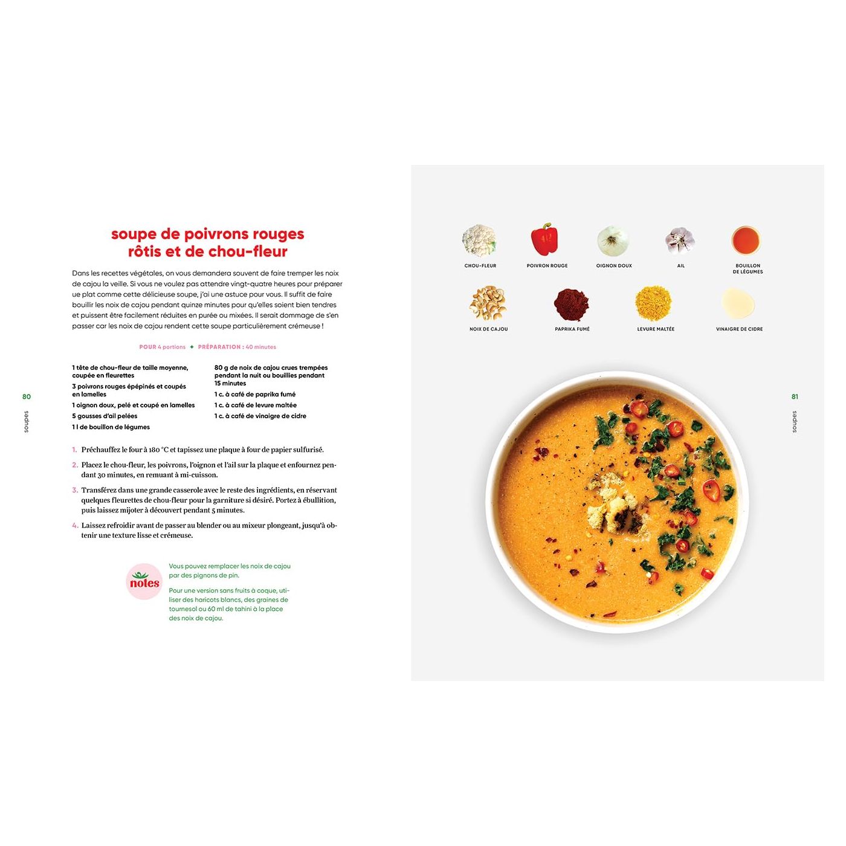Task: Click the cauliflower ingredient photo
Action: [479, 241]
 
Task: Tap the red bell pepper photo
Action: [544, 240]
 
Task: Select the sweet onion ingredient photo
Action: [613, 241]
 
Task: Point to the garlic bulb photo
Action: [680, 240]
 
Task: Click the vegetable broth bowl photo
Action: [746, 241]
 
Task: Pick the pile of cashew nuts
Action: [488, 303]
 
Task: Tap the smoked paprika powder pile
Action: [571, 304]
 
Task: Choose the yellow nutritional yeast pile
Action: [653, 303]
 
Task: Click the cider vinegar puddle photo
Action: [738, 303]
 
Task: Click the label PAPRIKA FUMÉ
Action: [572, 329]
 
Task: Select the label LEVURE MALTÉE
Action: [656, 329]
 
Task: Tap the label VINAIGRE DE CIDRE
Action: [739, 329]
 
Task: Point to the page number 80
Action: [27, 397]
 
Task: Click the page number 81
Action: [795, 397]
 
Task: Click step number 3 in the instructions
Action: [75, 490]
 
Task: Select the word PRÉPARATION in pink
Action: [219, 347]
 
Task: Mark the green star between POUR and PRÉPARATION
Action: [192, 347]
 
